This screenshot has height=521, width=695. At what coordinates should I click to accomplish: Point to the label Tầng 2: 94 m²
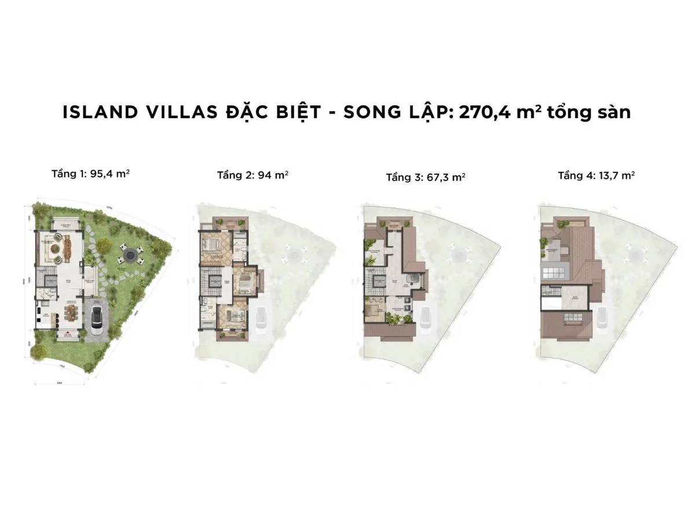(253, 175)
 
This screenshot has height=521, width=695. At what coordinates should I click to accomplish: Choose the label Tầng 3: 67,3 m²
(426, 177)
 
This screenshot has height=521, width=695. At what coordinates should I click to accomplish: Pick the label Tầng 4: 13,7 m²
(596, 175)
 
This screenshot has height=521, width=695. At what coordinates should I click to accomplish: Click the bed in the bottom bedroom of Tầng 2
(231, 318)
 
